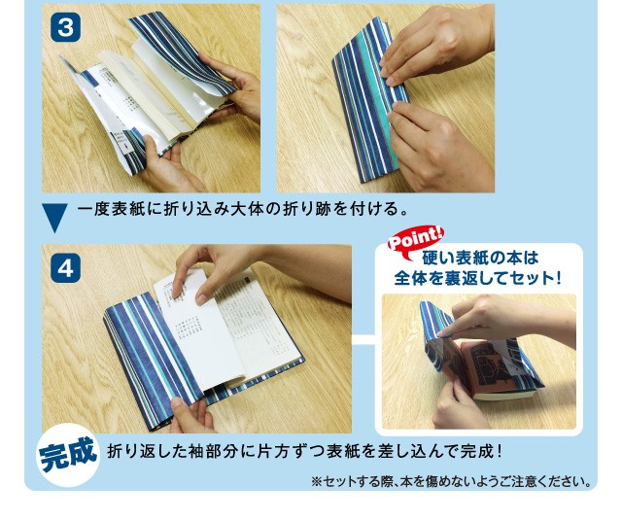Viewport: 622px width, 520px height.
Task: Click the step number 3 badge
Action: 65,28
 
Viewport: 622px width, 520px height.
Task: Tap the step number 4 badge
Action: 65,268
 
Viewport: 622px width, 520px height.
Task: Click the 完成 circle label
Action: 68,455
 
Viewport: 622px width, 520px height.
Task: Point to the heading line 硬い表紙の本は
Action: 480,259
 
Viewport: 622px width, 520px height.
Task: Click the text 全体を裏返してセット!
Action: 477,278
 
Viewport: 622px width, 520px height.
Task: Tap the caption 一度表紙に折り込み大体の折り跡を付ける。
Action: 243,209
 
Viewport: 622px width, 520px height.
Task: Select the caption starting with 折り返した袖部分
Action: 304,451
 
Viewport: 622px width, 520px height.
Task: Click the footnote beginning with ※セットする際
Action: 451,481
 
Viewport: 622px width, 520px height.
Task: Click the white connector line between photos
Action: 363,340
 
